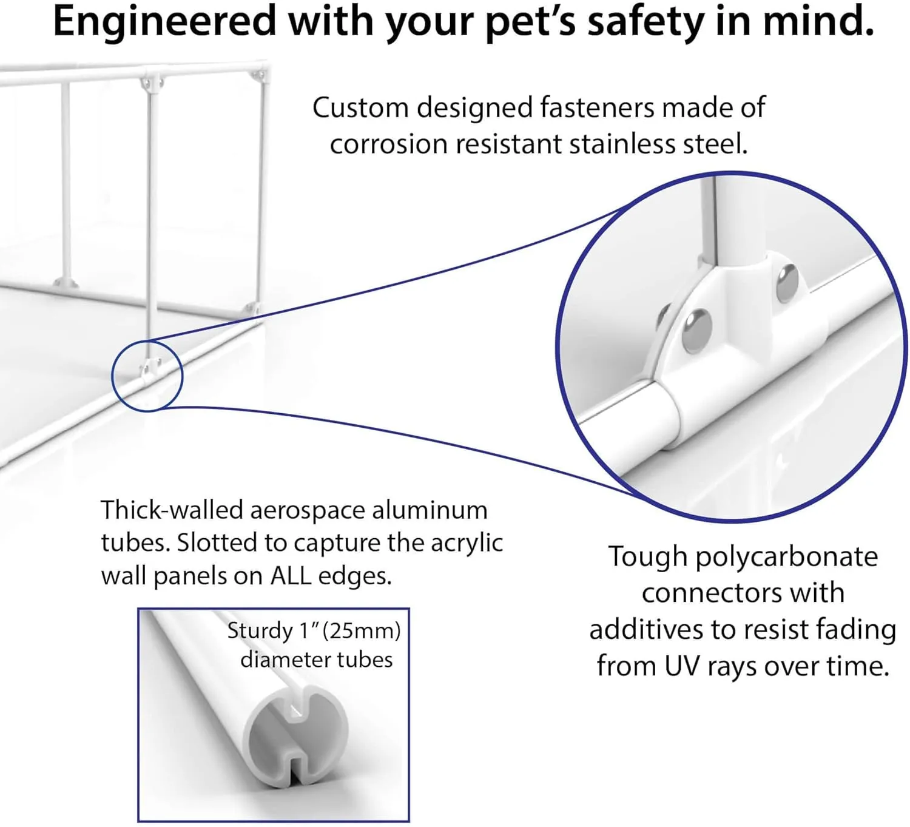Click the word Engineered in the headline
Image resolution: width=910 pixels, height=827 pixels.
point(164,22)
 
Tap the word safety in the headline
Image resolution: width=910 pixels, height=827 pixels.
point(646,22)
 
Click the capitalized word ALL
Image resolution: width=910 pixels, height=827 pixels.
point(290,576)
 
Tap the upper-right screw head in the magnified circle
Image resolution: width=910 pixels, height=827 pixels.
point(787,282)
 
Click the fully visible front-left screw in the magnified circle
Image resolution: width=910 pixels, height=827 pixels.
point(697,331)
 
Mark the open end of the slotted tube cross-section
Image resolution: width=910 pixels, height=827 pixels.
point(295,735)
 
